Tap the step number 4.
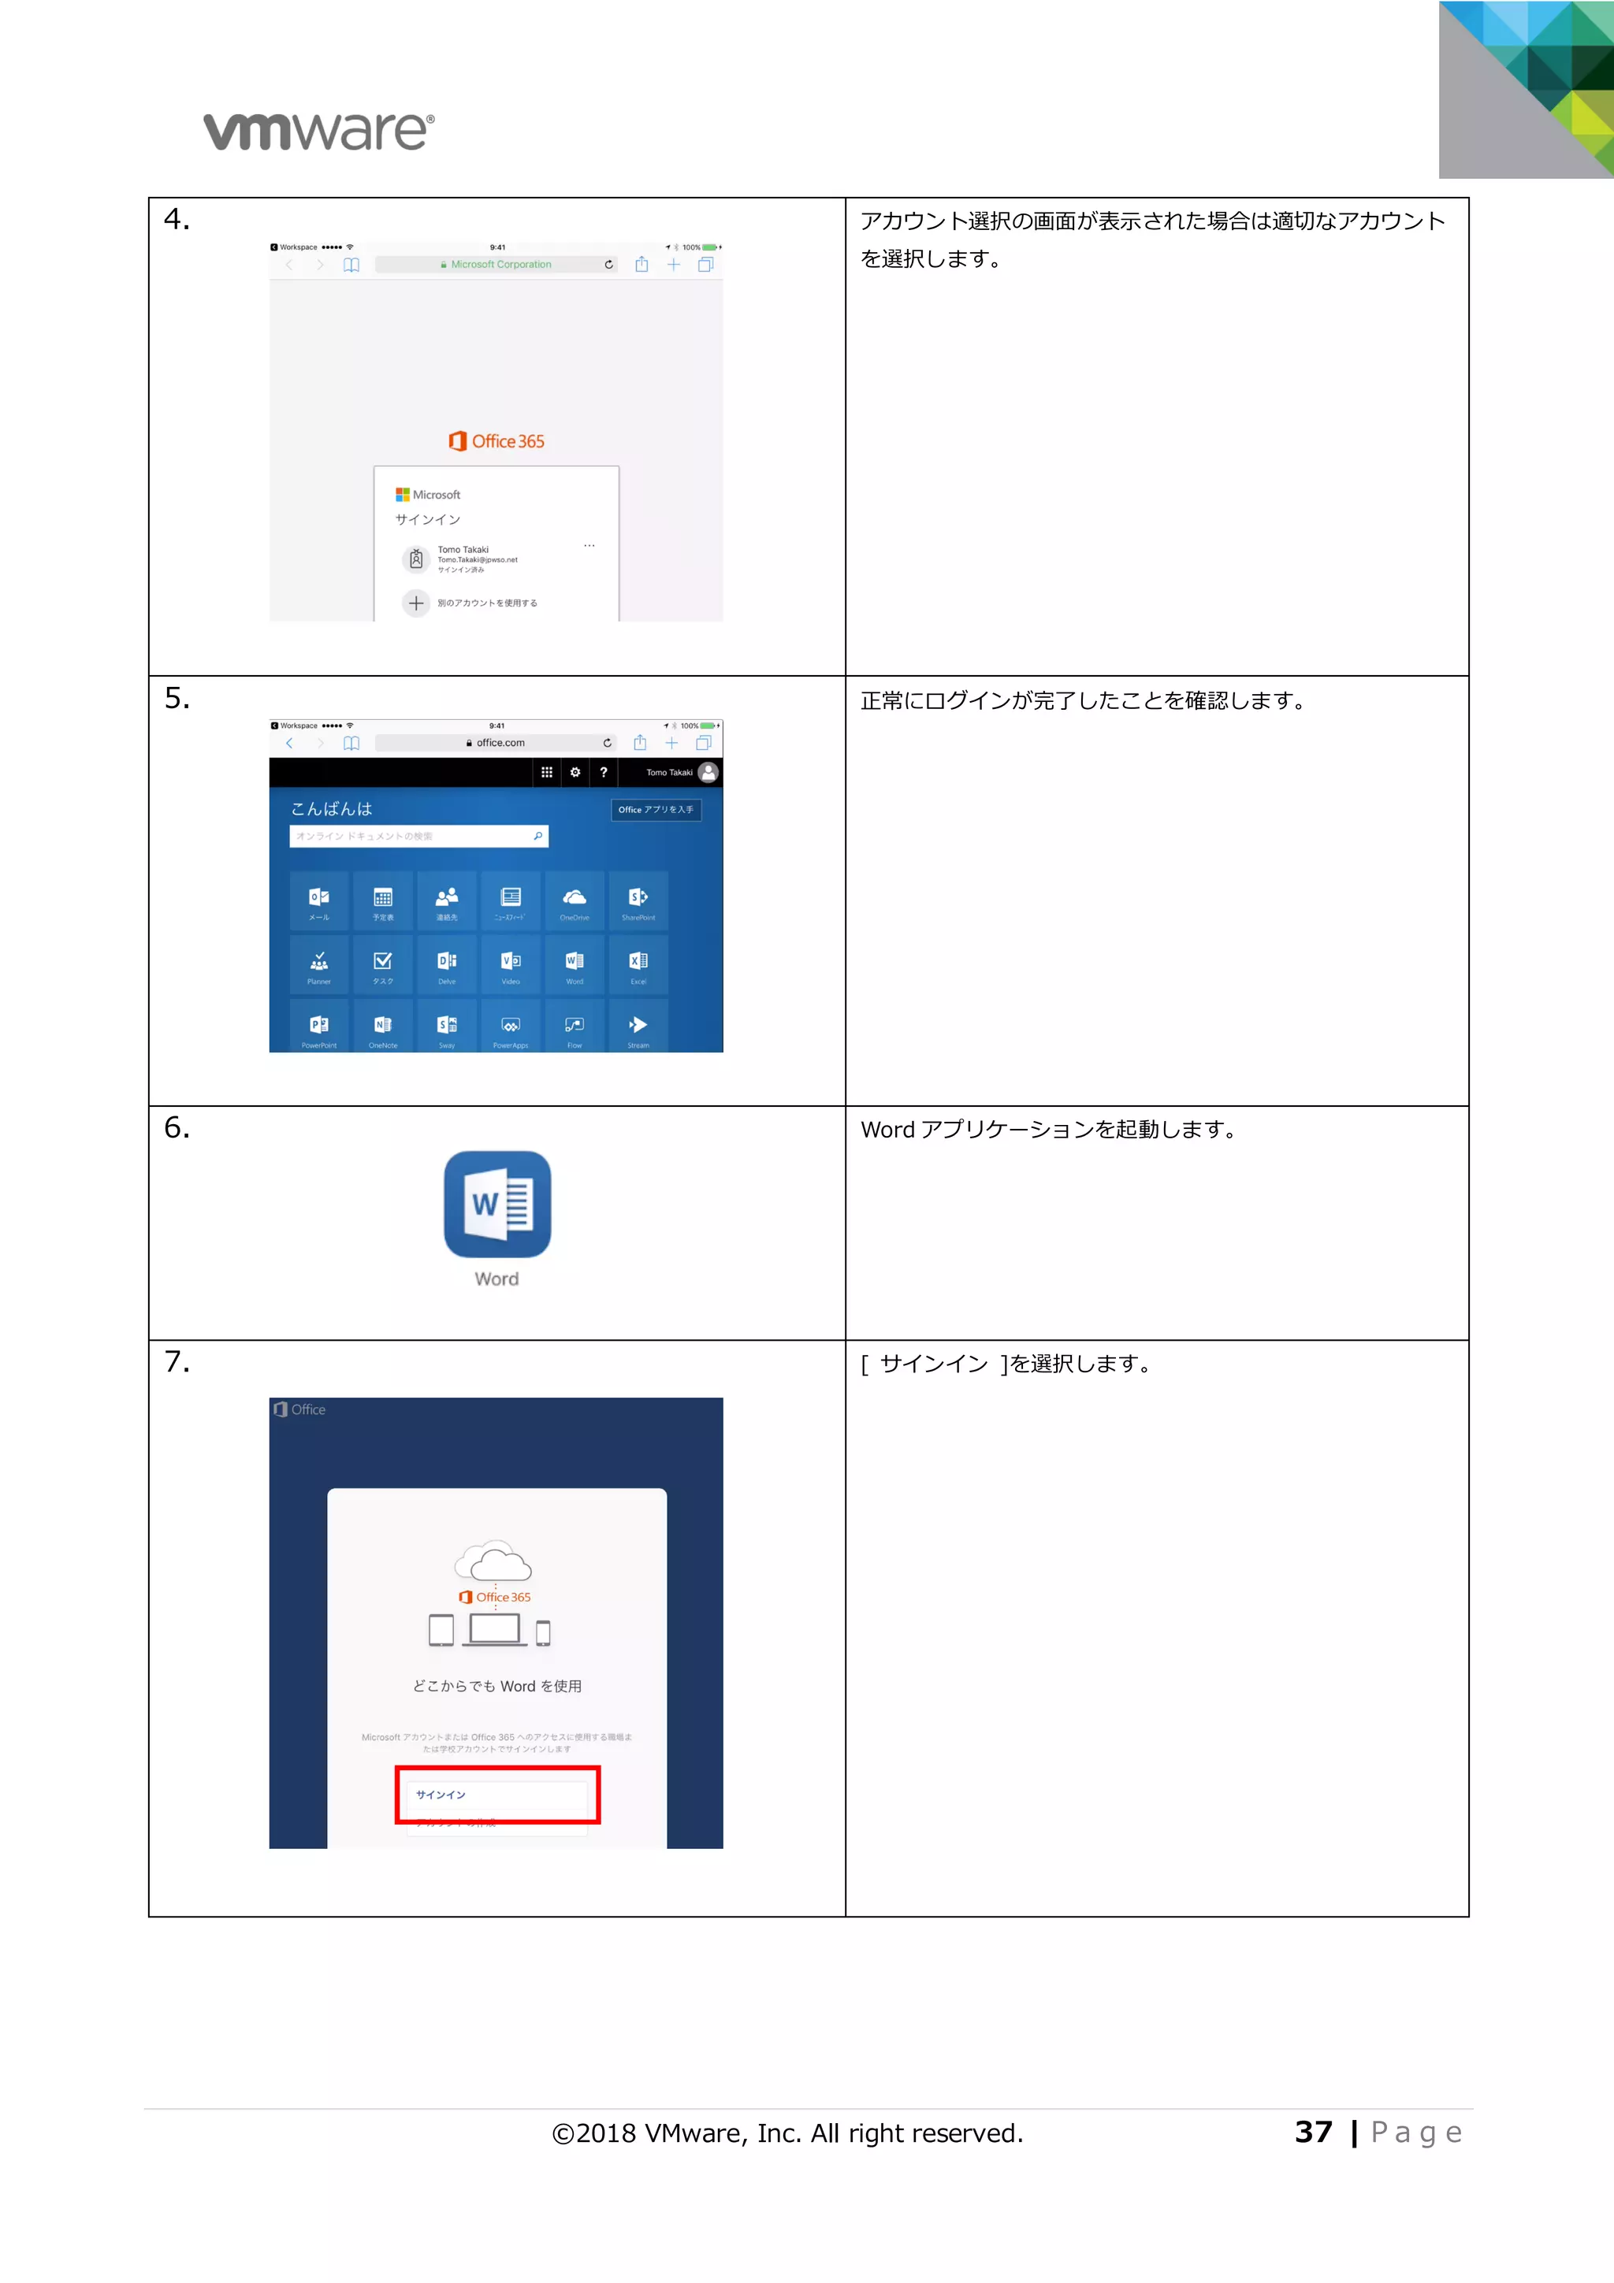176,219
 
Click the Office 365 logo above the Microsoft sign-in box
496,441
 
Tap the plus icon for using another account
415,603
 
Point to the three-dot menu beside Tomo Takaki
589,546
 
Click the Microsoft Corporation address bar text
500,265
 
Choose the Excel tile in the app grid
638,964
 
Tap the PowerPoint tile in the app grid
319,1028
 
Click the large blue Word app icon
497,1205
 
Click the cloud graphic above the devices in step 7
494,1561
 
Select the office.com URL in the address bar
500,743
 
